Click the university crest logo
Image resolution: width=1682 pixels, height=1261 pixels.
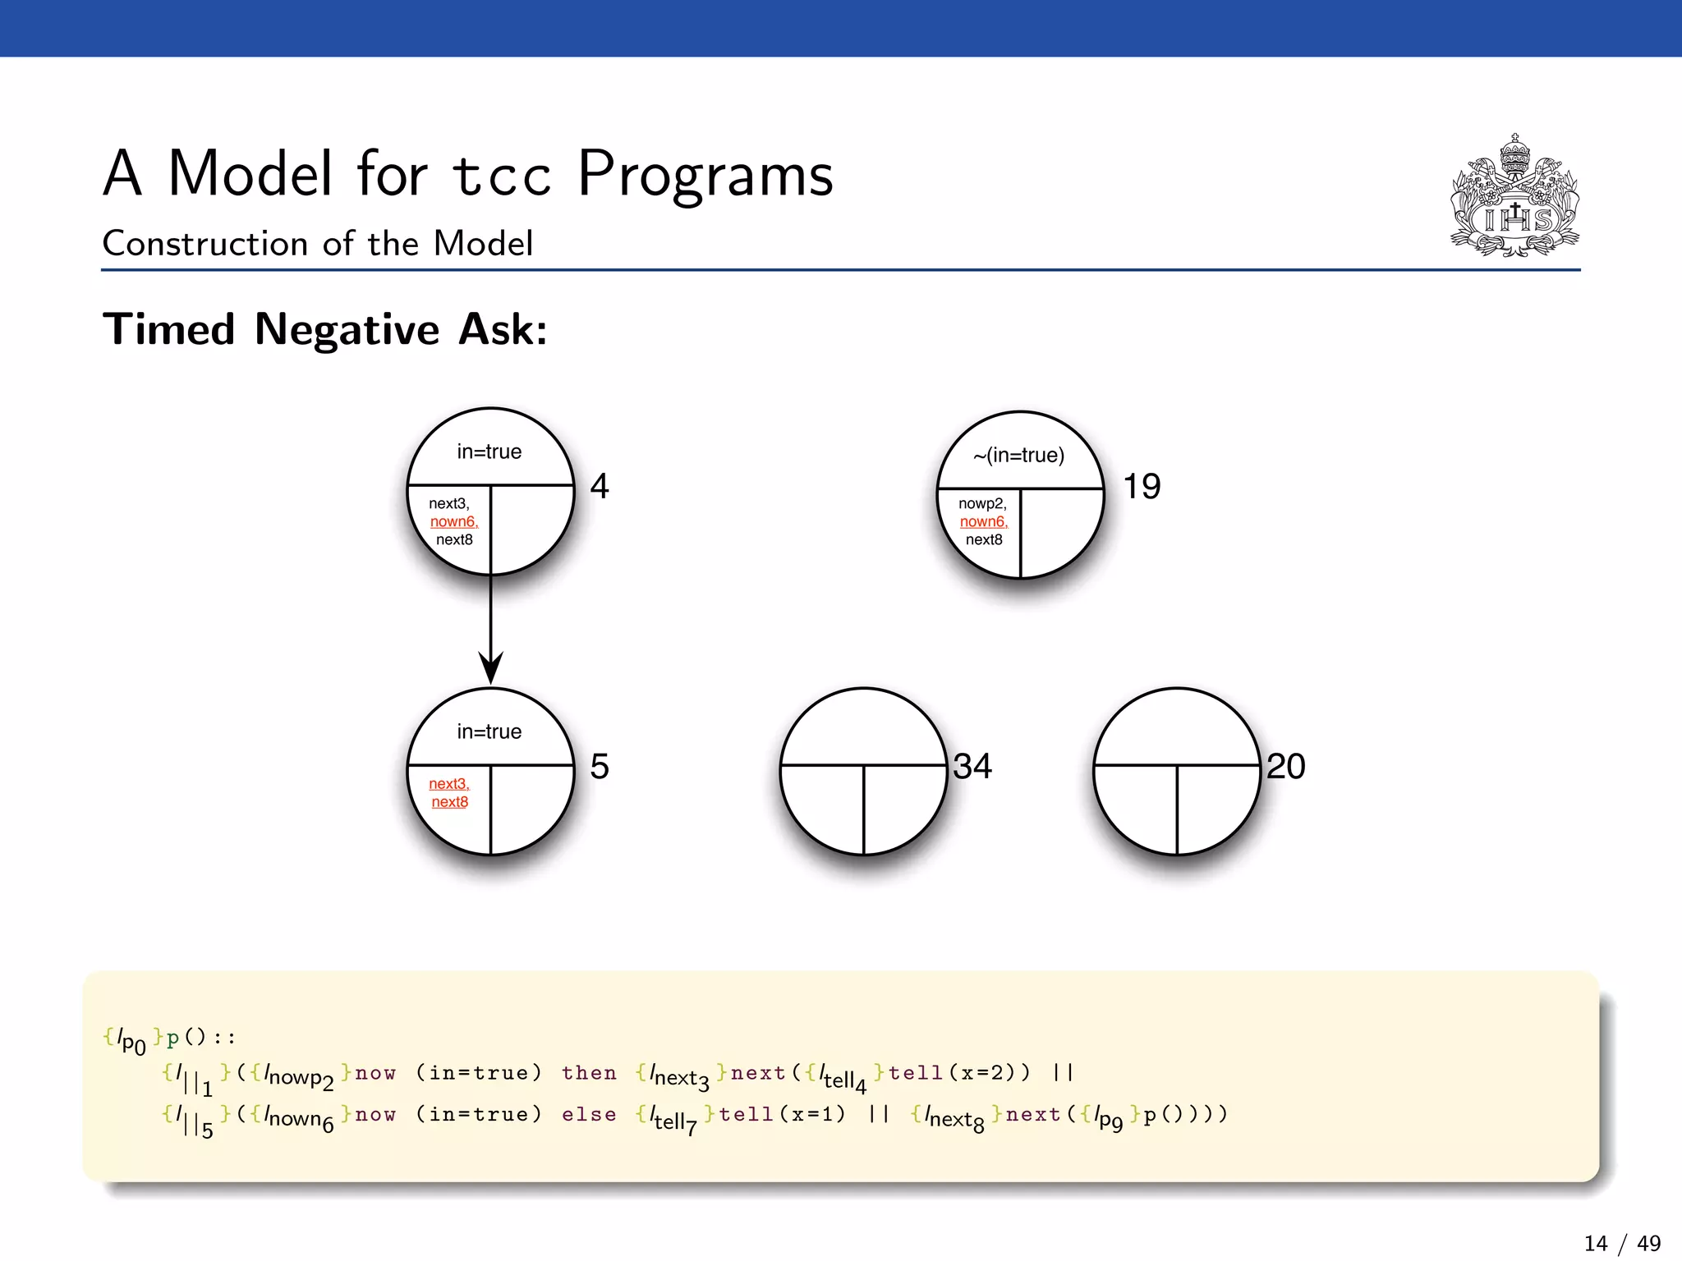click(1515, 197)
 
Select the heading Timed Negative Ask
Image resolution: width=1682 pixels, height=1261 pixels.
click(325, 329)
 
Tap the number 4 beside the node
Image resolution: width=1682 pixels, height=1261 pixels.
click(600, 486)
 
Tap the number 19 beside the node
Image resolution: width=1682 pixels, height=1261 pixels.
click(1142, 486)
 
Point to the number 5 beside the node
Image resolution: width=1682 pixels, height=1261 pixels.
click(600, 766)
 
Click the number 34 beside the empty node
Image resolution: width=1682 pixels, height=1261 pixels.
click(972, 766)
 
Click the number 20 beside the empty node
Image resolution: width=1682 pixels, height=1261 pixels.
click(1285, 766)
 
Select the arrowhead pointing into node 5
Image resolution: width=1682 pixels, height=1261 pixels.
click(490, 669)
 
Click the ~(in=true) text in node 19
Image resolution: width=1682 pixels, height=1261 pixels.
click(1019, 455)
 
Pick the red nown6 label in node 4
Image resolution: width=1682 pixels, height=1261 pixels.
click(453, 521)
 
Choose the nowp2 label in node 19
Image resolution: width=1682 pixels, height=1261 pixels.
click(982, 503)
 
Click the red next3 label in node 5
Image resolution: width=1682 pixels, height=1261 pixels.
click(448, 783)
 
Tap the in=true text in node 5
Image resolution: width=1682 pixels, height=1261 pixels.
click(489, 731)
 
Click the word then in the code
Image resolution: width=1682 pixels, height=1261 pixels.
click(589, 1073)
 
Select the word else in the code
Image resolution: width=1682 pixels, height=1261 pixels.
click(589, 1115)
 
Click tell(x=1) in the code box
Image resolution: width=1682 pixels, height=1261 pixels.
click(781, 1115)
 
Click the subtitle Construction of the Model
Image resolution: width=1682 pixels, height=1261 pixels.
click(318, 244)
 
